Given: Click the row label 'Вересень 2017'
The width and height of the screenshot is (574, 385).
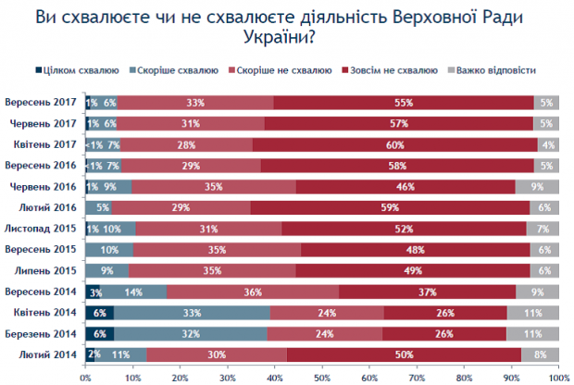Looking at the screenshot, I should [41, 102].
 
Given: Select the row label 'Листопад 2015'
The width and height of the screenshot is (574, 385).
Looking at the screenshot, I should [43, 228].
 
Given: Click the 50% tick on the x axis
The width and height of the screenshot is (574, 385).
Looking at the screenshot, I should [321, 377].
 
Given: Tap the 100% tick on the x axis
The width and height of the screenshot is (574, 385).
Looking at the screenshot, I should [557, 377].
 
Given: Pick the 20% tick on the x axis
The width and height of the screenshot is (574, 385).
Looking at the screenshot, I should [180, 377].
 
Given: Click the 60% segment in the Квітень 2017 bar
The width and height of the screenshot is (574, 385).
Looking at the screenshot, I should [394, 144].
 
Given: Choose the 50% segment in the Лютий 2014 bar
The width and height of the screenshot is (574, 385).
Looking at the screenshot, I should [404, 354].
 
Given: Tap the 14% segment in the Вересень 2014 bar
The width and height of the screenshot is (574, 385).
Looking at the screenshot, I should [134, 291].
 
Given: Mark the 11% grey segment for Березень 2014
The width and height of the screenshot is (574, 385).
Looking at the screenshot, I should [532, 332].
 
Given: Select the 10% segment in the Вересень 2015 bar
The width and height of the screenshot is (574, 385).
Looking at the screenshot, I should [109, 249].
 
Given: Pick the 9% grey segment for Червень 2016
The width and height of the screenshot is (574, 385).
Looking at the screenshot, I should [537, 186].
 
